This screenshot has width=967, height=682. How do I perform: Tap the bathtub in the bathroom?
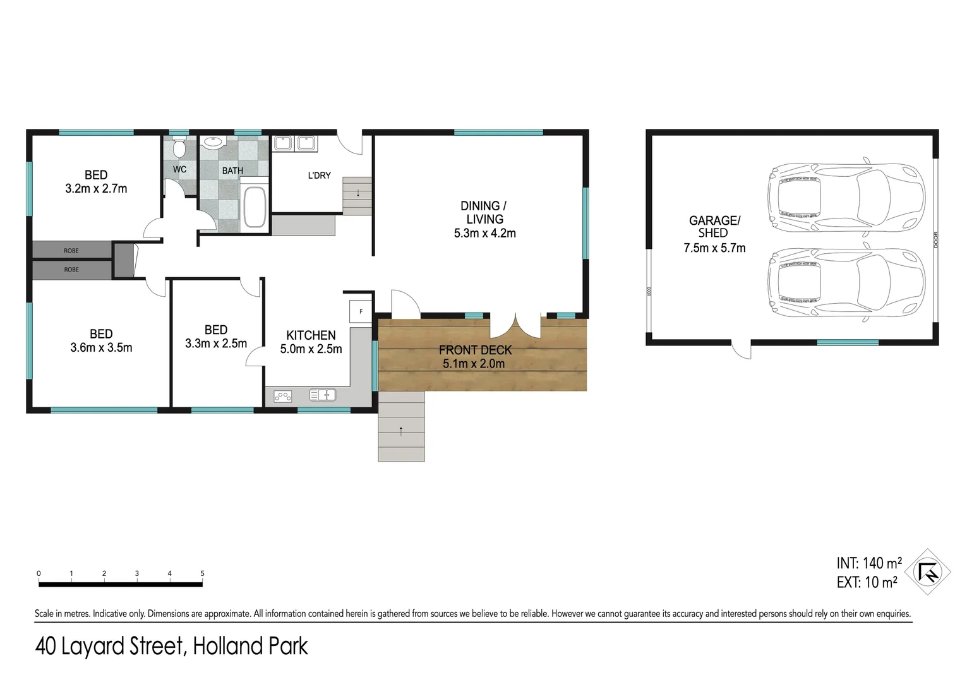coord(255,206)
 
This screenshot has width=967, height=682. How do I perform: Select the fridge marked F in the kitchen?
coord(361,311)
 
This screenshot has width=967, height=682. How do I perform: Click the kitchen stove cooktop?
coord(282,396)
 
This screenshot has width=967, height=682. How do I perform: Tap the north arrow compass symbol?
coord(927,572)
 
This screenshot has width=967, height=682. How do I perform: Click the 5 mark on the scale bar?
coord(202,573)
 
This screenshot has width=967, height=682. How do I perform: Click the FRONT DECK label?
coord(475,350)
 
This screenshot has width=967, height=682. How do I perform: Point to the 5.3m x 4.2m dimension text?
coord(484,233)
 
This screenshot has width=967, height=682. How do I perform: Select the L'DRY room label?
coord(319,176)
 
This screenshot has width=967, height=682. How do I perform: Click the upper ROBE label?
coord(71,251)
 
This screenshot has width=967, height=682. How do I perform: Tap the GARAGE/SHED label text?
coord(714,226)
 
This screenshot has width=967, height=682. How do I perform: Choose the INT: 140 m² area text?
coord(868,563)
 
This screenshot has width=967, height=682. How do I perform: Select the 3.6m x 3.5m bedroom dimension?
coord(101,347)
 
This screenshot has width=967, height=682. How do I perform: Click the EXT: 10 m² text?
coord(867,582)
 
